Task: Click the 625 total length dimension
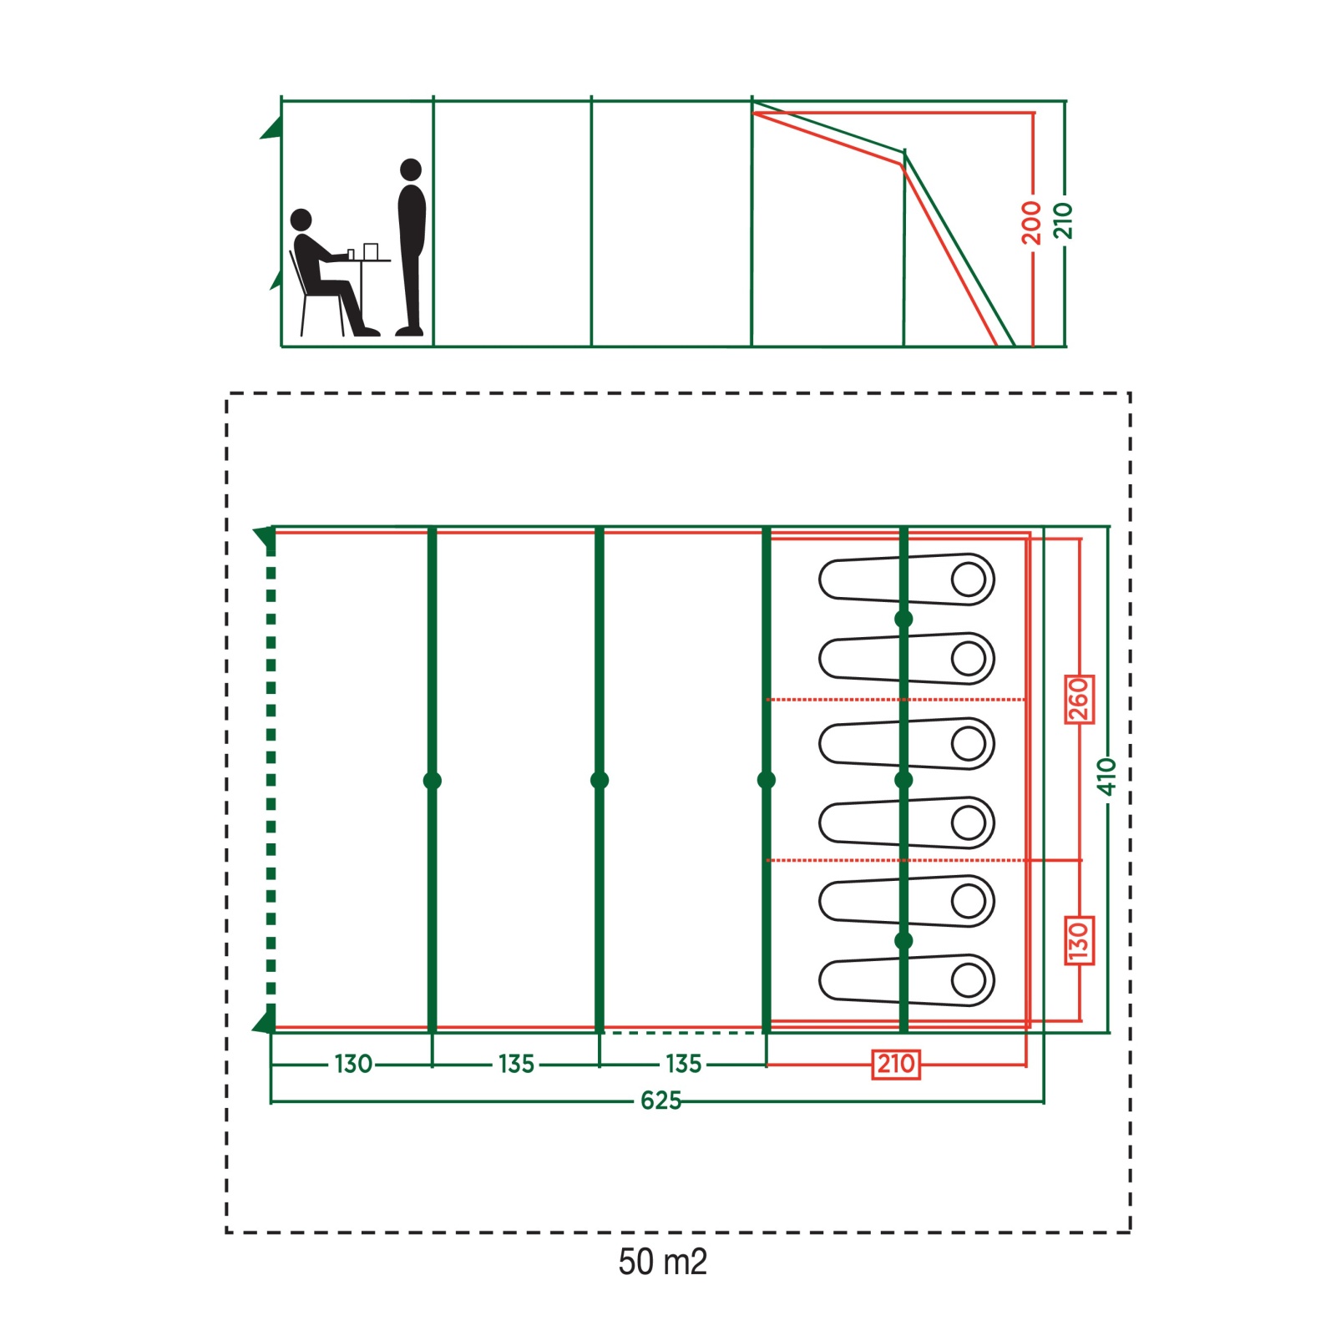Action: [x=660, y=1101]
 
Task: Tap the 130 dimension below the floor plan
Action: [x=353, y=1064]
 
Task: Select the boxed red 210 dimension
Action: [x=896, y=1064]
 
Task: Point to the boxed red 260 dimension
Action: [x=1079, y=700]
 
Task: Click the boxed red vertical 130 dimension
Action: [x=1079, y=940]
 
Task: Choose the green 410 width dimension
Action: [x=1107, y=777]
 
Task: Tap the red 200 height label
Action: [x=1032, y=222]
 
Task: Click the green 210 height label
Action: [x=1063, y=220]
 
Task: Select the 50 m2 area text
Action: [x=662, y=1262]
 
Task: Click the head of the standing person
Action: [x=411, y=170]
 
